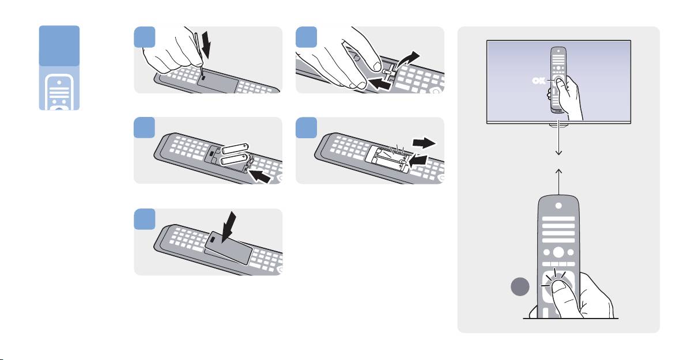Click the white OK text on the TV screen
tap(538, 81)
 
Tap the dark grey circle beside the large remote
tap(520, 287)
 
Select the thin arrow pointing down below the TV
tap(558, 139)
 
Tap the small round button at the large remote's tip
tap(558, 206)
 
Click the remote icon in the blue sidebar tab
tap(59, 92)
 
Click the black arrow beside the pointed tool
tap(206, 45)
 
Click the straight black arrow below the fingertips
tap(379, 84)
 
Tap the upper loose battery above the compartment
tap(235, 149)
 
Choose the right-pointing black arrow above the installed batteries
tap(424, 143)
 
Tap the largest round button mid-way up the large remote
tap(558, 252)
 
